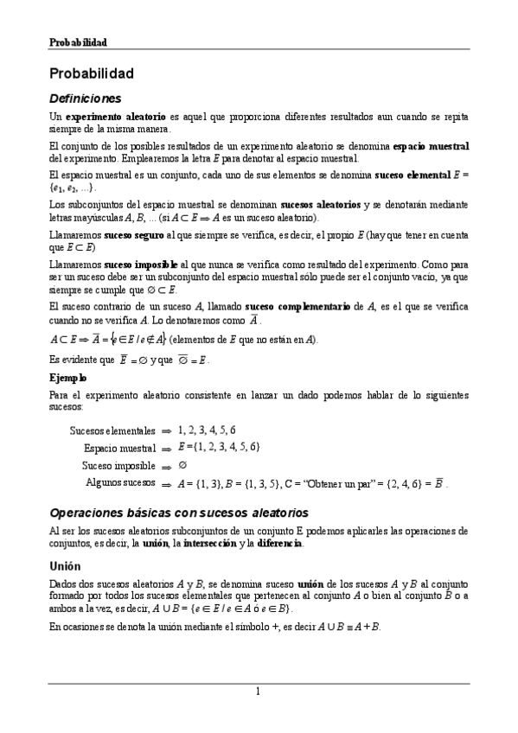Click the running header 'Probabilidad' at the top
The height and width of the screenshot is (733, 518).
point(77,41)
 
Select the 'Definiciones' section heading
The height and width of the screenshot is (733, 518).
point(85,99)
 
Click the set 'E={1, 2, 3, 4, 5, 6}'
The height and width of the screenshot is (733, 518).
point(219,447)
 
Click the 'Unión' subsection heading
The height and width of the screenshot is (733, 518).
point(66,565)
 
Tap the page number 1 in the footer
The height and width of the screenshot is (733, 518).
point(258,692)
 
